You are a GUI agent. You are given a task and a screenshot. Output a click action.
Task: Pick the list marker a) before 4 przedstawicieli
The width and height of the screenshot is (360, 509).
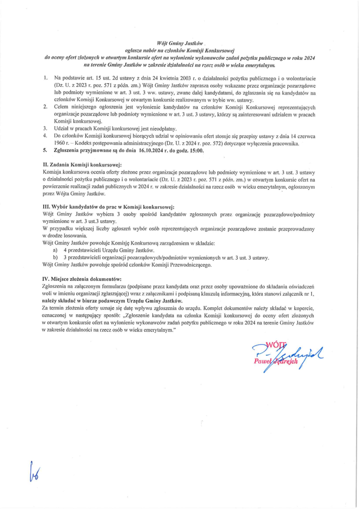click(55, 250)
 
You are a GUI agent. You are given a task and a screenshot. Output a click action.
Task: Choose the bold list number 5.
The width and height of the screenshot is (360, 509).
click(45, 151)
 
